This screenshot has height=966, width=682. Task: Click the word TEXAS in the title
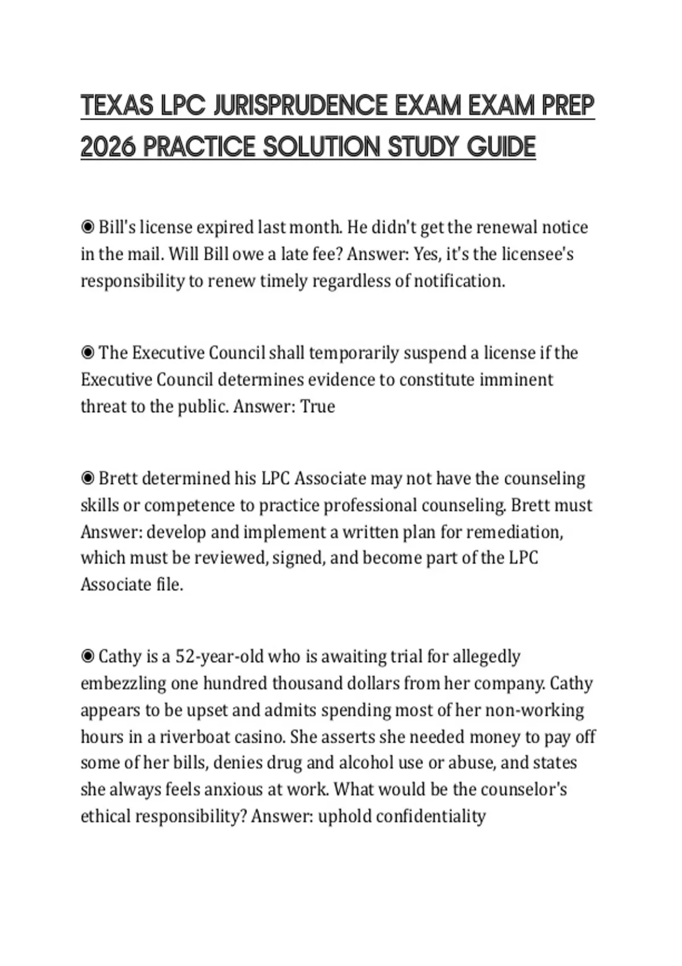point(117,106)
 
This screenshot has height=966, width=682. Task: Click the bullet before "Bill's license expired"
point(88,227)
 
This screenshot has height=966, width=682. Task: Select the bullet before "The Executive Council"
point(88,353)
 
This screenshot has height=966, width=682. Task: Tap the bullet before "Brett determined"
point(88,478)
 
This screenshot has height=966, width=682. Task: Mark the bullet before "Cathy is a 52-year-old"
point(88,657)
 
